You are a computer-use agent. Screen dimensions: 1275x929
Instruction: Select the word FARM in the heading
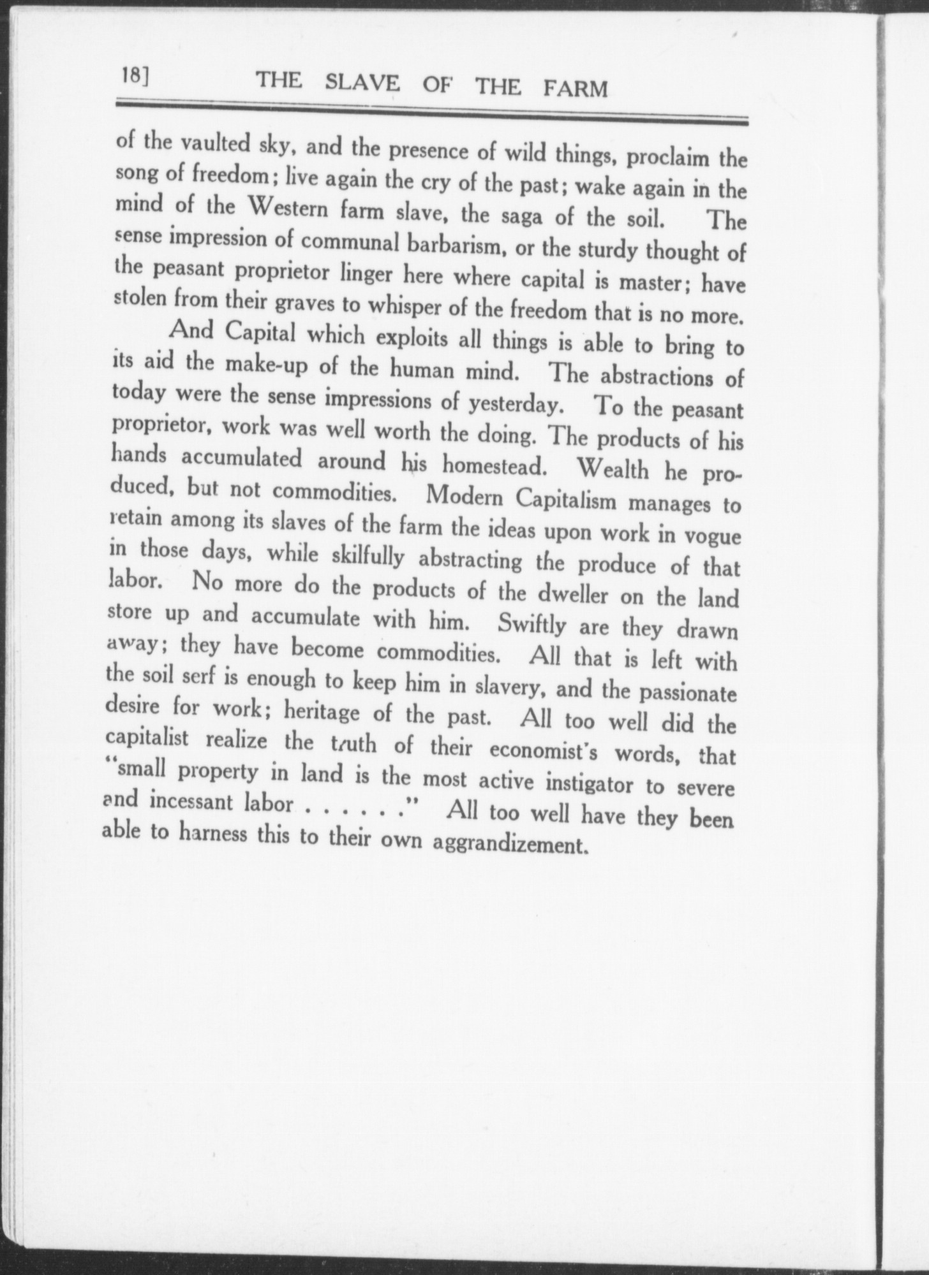tap(575, 88)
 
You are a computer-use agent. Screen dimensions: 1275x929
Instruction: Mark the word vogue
tap(712, 537)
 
